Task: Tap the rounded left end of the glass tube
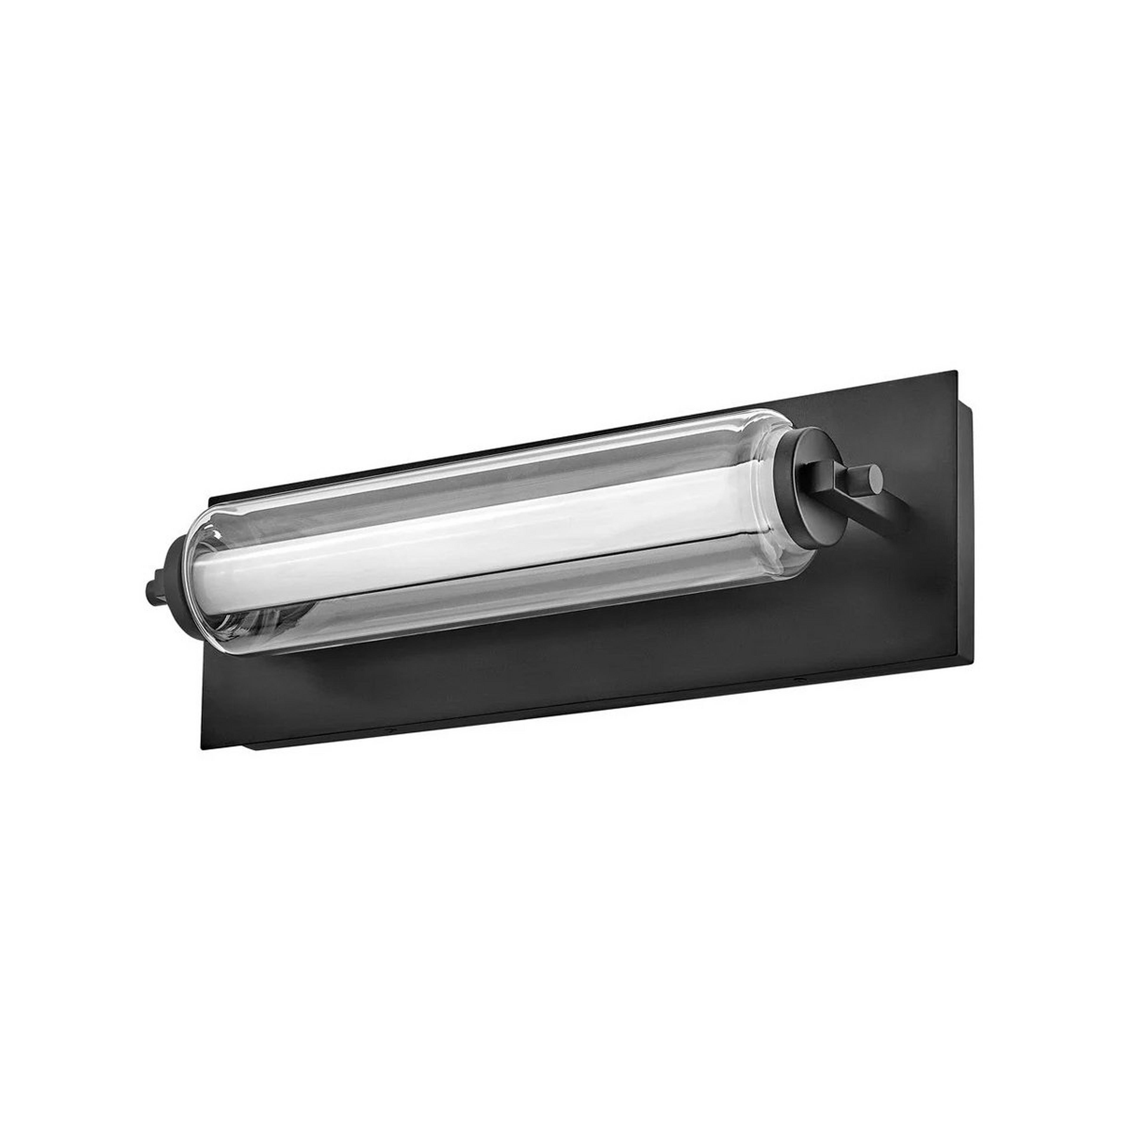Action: point(202,562)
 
